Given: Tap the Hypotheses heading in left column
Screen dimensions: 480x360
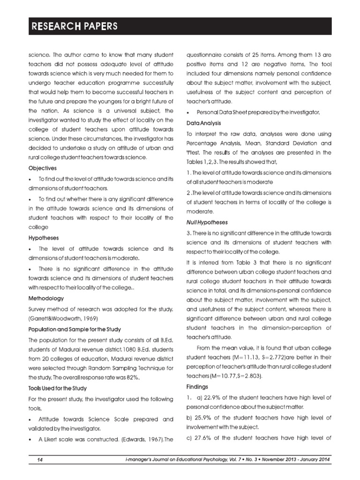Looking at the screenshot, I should pos(42,238).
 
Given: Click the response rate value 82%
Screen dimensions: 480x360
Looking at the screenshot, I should pos(132,377).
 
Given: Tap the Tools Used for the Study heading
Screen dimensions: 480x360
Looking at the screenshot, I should pos(58,388).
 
